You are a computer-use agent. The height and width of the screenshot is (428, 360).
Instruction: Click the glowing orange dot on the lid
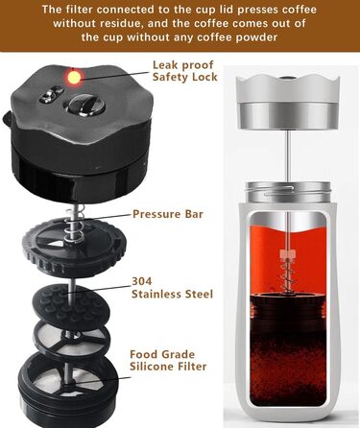(x=73, y=77)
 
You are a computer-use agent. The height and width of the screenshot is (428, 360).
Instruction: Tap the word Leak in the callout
(x=164, y=65)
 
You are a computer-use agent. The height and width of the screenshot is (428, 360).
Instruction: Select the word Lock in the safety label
(x=204, y=77)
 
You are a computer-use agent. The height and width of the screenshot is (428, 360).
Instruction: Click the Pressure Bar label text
(x=168, y=214)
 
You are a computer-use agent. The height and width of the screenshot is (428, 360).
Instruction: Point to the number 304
(x=142, y=281)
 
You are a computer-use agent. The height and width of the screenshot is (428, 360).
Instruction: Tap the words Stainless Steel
(x=172, y=294)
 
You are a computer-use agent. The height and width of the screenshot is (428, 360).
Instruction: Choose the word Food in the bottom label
(x=144, y=354)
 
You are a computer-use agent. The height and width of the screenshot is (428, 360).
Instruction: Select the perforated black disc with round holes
(x=69, y=304)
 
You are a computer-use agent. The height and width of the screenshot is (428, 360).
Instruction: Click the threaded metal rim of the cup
(x=287, y=191)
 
